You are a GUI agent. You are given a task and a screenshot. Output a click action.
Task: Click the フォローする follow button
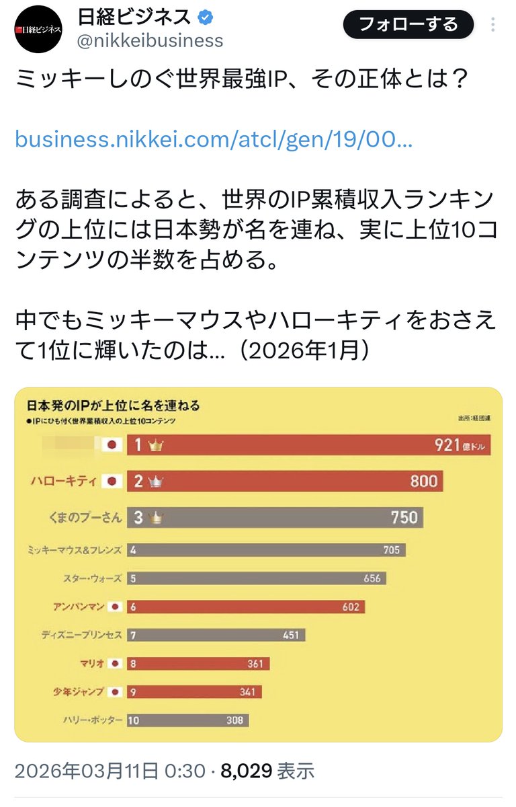tap(408, 26)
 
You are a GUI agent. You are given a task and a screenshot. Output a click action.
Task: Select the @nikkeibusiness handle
tap(150, 41)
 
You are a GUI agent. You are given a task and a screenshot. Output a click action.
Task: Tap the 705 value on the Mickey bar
tap(390, 550)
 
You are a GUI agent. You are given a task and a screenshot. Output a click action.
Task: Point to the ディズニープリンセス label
tap(82, 635)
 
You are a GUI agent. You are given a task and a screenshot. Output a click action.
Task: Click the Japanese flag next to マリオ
tap(116, 664)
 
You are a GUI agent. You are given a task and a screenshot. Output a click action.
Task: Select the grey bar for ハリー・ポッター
tap(187, 720)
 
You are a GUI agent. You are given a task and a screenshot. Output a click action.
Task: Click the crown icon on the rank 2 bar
tap(159, 482)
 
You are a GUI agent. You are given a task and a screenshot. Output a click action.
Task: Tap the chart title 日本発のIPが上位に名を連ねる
tap(112, 406)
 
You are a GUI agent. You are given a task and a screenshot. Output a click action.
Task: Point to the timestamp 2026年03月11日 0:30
tap(110, 769)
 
